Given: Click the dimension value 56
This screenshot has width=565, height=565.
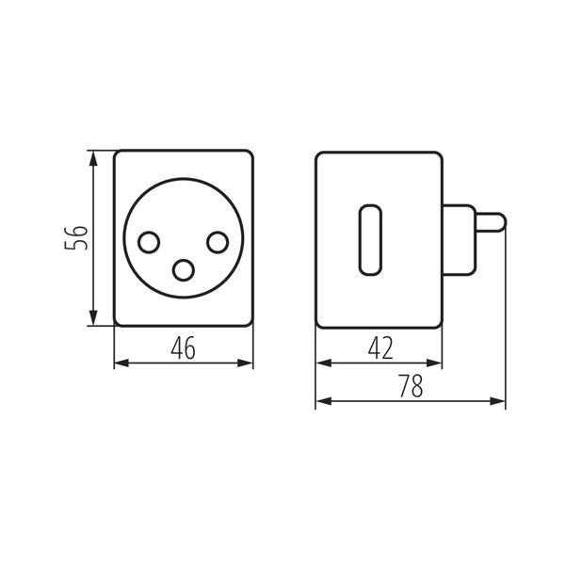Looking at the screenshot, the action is click(x=76, y=238).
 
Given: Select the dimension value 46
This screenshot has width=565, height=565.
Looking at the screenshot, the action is click(x=183, y=348).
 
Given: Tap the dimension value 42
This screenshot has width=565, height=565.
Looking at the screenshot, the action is click(x=380, y=348).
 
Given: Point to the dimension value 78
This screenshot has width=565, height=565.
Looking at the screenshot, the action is click(x=412, y=385).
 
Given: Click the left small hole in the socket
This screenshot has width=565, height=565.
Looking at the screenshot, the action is click(x=149, y=243).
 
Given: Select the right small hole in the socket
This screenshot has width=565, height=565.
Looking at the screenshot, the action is click(x=218, y=243).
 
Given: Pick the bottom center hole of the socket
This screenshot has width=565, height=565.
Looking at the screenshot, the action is click(x=184, y=270).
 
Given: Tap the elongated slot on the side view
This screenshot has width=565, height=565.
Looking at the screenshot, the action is click(x=370, y=240).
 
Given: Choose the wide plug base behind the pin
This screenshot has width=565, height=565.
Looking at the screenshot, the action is click(x=460, y=240).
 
